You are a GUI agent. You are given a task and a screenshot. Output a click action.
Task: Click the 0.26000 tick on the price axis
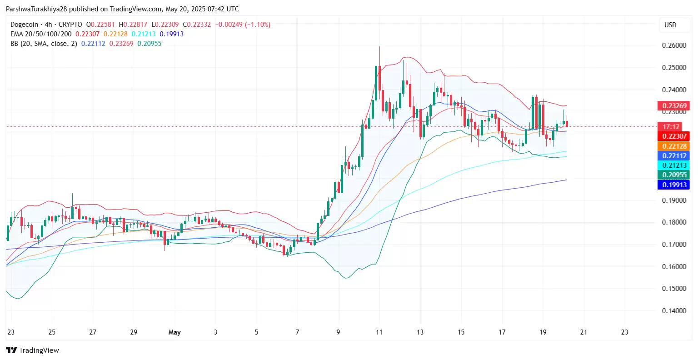[x=674, y=45]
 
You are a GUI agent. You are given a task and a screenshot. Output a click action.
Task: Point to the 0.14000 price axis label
[x=674, y=311]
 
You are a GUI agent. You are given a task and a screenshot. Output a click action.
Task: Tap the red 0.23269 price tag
[x=673, y=106]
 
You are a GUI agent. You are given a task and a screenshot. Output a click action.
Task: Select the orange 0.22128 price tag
[x=673, y=146]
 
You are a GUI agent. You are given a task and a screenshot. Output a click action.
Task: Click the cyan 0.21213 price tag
[x=673, y=165]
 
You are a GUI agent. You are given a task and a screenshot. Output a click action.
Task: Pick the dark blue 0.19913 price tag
[x=673, y=185]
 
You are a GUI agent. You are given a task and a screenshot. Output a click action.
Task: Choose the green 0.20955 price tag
[x=673, y=175]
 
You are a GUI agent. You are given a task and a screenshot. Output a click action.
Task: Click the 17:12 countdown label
[x=671, y=127]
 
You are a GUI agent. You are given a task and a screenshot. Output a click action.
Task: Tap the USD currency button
[x=670, y=25]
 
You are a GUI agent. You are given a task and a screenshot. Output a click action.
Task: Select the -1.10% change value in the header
[x=258, y=25]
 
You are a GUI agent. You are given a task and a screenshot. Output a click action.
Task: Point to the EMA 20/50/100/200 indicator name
[x=41, y=34]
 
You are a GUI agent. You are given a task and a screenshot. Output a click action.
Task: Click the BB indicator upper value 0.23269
[x=121, y=44]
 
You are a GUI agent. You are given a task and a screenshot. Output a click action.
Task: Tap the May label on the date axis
[x=174, y=332]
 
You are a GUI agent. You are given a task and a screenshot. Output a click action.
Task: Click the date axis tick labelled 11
[x=379, y=332]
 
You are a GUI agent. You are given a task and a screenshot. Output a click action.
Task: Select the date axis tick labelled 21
[x=583, y=332]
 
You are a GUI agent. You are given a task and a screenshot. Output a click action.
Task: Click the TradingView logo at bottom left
[x=32, y=350]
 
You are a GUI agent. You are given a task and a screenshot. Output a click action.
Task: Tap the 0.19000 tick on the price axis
[x=674, y=200]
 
